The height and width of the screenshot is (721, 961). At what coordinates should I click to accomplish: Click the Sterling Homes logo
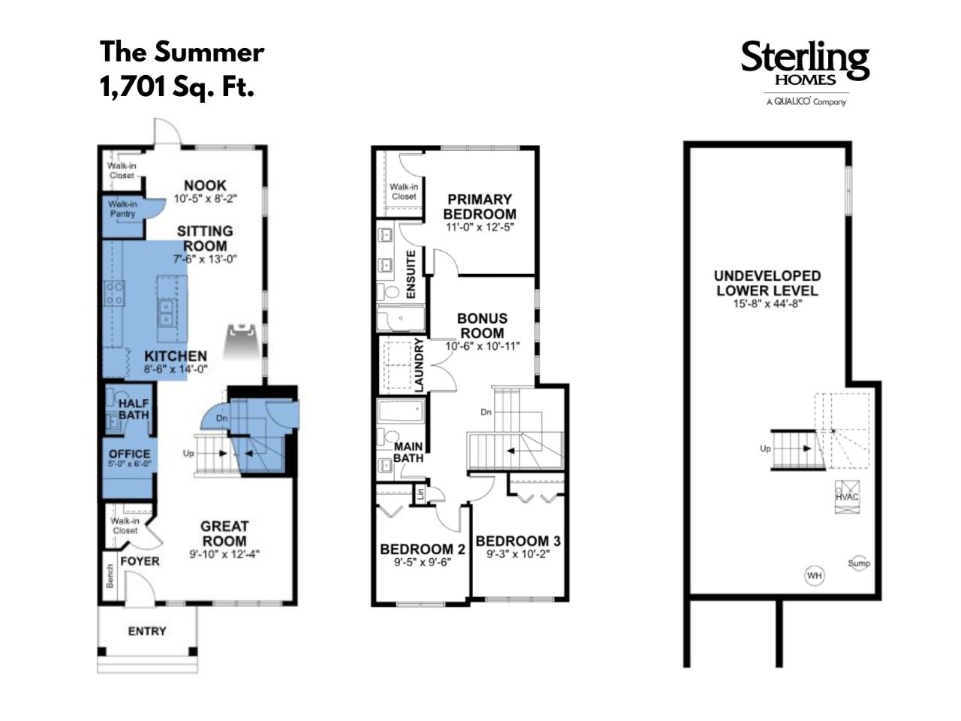[805, 73]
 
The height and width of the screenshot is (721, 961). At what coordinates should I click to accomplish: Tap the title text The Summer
[182, 52]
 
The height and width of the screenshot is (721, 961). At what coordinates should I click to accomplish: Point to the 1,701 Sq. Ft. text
[177, 86]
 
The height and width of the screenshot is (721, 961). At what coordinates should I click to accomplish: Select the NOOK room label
[205, 186]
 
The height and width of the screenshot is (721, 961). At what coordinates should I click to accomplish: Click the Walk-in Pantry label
[122, 210]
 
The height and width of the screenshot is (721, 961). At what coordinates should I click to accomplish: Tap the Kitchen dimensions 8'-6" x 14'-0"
[176, 369]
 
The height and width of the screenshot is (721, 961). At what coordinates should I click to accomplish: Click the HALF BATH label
[134, 409]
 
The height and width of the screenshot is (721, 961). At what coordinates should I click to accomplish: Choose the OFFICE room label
[130, 454]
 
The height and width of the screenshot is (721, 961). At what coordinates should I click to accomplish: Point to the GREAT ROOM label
[224, 533]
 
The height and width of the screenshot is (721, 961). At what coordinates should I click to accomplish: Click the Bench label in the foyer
[110, 576]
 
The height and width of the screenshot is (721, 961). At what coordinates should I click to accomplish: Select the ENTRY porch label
[147, 631]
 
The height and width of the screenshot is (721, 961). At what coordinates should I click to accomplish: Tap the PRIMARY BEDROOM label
[480, 207]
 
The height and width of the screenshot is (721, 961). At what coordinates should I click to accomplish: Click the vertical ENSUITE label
[411, 274]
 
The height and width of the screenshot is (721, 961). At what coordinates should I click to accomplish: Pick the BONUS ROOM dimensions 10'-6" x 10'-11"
[483, 345]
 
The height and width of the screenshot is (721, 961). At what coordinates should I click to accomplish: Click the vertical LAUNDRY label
[419, 365]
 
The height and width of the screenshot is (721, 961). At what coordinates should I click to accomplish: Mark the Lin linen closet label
[420, 494]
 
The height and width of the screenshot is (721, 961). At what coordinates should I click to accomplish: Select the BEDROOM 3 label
[518, 541]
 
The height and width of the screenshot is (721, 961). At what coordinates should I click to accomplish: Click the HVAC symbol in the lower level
[847, 497]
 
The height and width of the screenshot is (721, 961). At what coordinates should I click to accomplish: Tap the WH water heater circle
[815, 575]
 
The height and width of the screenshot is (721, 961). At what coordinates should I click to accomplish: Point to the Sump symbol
[859, 563]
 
